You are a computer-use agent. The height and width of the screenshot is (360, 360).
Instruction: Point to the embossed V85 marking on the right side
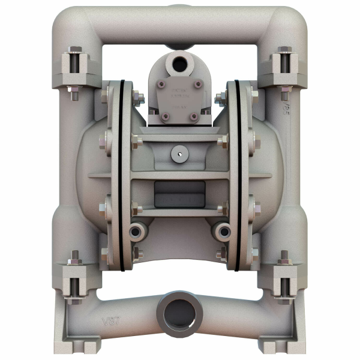coord(286,110)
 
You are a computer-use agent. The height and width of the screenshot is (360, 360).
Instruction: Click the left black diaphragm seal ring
coord(122,174)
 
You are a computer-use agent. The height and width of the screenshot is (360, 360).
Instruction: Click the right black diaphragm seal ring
coord(238,174)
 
